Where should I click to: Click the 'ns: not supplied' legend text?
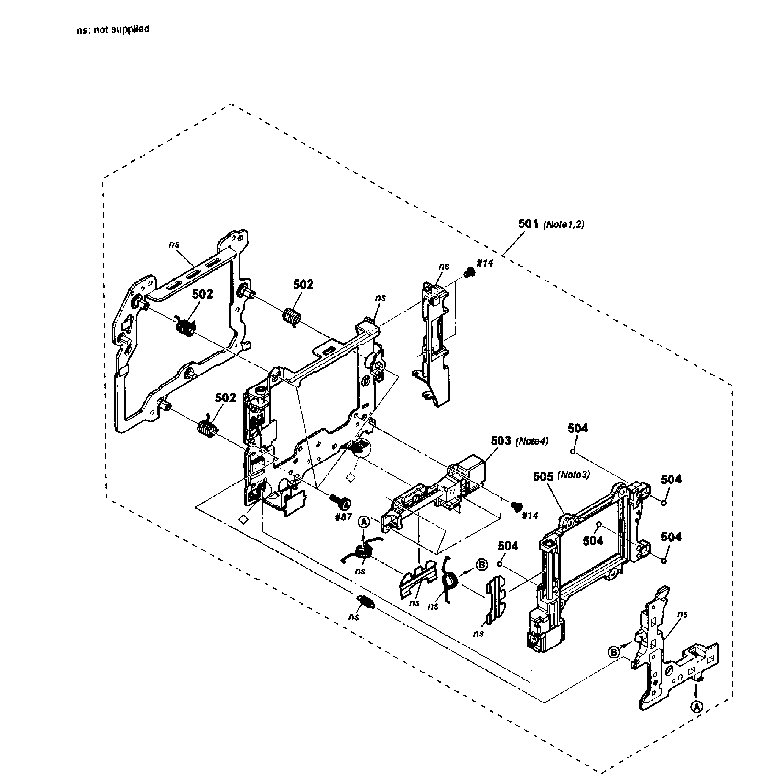[x=113, y=29]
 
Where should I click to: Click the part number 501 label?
[x=528, y=224]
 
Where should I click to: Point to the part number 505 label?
[x=543, y=477]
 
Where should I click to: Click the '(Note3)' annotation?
[x=573, y=475]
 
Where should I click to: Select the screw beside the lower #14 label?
[x=516, y=506]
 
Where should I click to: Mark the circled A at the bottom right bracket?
[x=696, y=707]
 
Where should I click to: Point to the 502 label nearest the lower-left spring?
[x=226, y=398]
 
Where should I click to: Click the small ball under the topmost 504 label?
[x=573, y=451]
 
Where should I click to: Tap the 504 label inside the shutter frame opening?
[x=592, y=541]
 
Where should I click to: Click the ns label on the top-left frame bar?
[x=174, y=244]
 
